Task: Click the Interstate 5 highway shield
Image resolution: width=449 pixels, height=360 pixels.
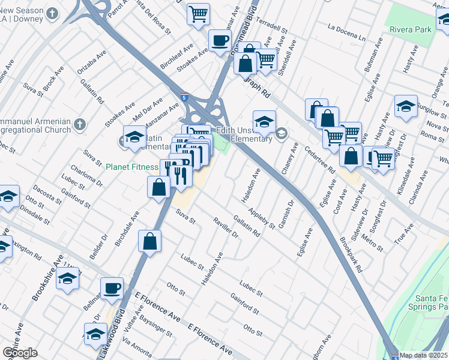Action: click(x=184, y=96)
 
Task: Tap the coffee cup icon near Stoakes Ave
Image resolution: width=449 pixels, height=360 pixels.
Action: click(x=220, y=40)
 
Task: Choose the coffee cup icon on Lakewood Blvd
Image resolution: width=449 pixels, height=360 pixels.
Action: click(x=112, y=288)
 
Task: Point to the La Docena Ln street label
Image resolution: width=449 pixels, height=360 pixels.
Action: click(x=346, y=32)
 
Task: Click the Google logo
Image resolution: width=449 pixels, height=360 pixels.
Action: click(x=20, y=352)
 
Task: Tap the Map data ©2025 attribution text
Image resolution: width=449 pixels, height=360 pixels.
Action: click(x=423, y=355)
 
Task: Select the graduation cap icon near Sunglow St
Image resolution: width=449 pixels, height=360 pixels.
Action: click(x=406, y=106)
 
